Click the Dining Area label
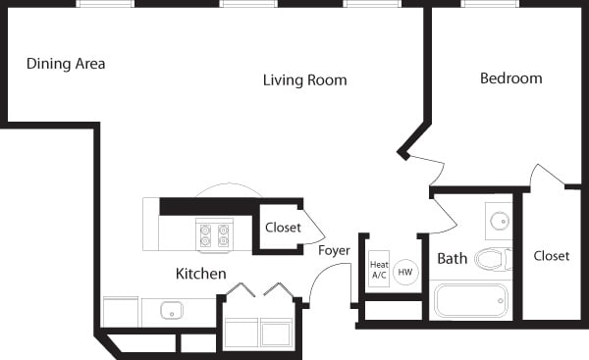coord(66,64)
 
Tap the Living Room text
coord(304,79)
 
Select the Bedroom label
coord(510,77)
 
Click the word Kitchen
coord(201,273)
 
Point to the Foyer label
coord(334,250)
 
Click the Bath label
coord(453,259)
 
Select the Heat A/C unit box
coord(379,270)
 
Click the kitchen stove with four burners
coord(214,234)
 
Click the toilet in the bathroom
coord(493,259)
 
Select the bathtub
coord(471,300)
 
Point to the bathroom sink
coord(499,221)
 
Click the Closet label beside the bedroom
coord(551,256)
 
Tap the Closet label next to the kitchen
coord(283,228)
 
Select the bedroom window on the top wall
coord(490,4)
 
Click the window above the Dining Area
coord(106,4)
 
